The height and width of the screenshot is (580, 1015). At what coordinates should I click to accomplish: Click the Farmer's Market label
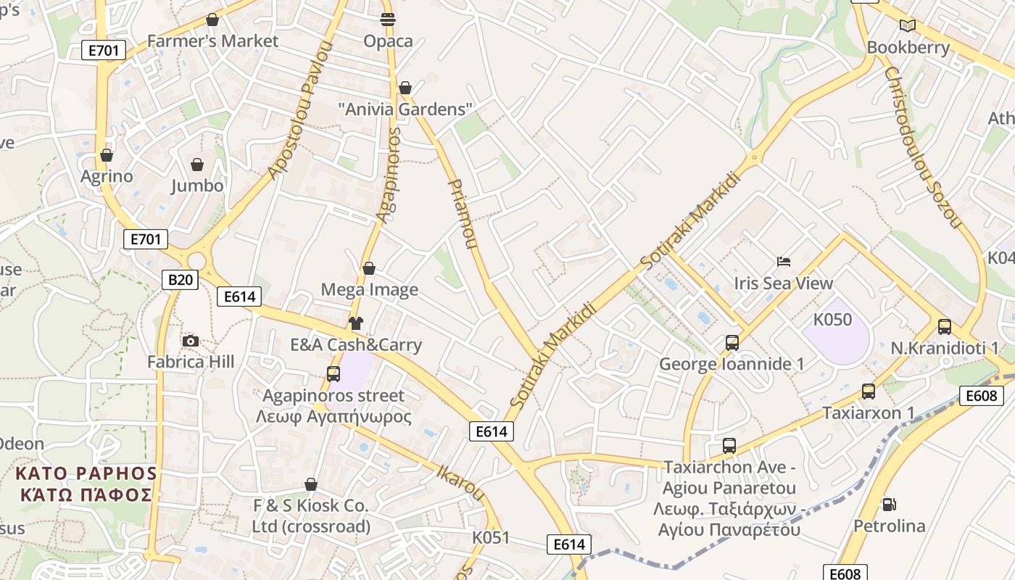click(212, 41)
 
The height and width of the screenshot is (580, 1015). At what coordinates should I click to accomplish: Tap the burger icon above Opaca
click(388, 20)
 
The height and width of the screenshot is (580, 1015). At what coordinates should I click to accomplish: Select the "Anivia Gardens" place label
click(405, 109)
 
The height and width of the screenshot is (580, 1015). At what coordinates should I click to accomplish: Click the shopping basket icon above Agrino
click(107, 155)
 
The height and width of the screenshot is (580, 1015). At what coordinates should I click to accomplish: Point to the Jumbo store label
click(197, 186)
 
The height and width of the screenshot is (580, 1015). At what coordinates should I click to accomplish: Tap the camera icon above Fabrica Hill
click(191, 341)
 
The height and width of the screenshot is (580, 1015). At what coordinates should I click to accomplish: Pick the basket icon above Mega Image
click(369, 269)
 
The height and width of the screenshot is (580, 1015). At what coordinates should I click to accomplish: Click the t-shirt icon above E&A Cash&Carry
click(355, 323)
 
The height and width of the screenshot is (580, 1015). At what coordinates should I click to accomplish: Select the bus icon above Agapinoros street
click(333, 374)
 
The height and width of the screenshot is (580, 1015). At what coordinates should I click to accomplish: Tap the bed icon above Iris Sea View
click(783, 262)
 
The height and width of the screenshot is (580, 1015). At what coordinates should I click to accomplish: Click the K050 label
click(832, 320)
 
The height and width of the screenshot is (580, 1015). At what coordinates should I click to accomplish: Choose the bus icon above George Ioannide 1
click(732, 343)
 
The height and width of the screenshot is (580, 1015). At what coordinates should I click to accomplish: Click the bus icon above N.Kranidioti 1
click(944, 327)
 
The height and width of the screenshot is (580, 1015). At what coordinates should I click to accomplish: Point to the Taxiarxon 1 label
click(869, 413)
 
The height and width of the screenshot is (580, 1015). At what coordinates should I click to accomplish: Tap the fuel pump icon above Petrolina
click(889, 504)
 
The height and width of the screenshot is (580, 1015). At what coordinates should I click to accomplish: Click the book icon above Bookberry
click(908, 26)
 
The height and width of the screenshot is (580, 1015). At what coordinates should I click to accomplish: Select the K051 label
click(491, 538)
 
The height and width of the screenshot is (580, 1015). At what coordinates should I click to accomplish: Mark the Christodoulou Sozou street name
click(922, 148)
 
